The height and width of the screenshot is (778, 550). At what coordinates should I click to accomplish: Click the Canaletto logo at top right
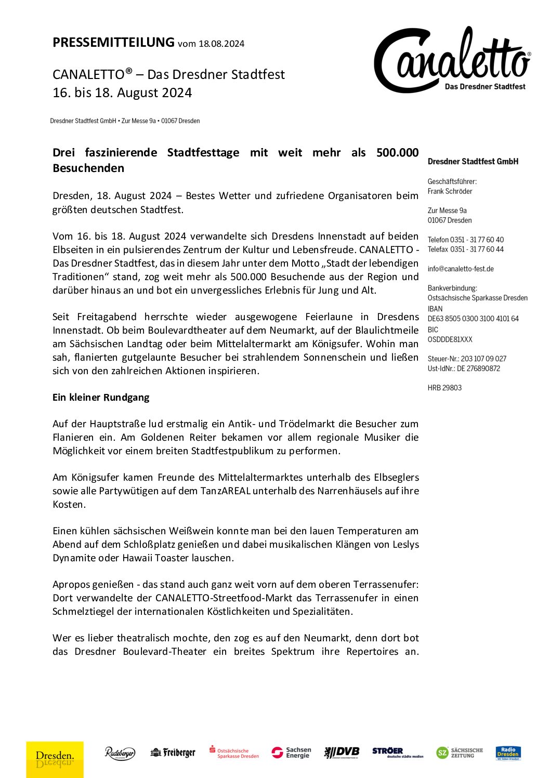pyautogui.click(x=452, y=60)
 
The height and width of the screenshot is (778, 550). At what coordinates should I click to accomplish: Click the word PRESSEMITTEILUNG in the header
pyautogui.click(x=113, y=42)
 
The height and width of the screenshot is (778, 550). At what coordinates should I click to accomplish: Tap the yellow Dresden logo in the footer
pyautogui.click(x=55, y=759)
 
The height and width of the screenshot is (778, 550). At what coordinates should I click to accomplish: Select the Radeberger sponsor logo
pyautogui.click(x=120, y=753)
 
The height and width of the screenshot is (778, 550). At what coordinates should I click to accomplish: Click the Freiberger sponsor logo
pyautogui.click(x=173, y=753)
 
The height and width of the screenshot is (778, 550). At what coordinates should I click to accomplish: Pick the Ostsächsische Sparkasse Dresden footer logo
pyautogui.click(x=234, y=753)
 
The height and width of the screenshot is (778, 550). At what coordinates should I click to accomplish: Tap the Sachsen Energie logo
pyautogui.click(x=292, y=753)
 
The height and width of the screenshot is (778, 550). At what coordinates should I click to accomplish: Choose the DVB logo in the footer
pyautogui.click(x=342, y=752)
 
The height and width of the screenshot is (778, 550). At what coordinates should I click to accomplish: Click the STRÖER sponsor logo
pyautogui.click(x=397, y=753)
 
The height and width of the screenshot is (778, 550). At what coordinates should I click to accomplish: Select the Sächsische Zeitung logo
pyautogui.click(x=460, y=753)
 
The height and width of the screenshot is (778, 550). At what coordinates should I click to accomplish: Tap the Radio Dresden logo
pyautogui.click(x=508, y=753)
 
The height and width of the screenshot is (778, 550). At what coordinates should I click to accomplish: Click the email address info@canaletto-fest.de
pyautogui.click(x=461, y=269)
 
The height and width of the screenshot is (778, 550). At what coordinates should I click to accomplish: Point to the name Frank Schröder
pyautogui.click(x=450, y=191)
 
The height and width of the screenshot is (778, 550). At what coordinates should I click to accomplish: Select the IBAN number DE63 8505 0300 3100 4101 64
pyautogui.click(x=473, y=319)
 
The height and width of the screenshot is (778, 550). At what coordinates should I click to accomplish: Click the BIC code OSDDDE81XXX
pyautogui.click(x=450, y=339)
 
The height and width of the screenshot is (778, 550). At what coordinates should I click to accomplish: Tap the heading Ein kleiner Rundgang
pyautogui.click(x=101, y=397)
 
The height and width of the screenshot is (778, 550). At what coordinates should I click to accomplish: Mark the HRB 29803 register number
pyautogui.click(x=444, y=388)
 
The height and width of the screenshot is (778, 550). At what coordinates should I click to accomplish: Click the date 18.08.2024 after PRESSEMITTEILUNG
pyautogui.click(x=221, y=44)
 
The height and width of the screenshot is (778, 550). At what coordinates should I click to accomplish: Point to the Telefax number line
pyautogui.click(x=465, y=249)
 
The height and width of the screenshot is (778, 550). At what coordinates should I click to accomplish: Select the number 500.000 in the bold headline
pyautogui.click(x=397, y=152)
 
